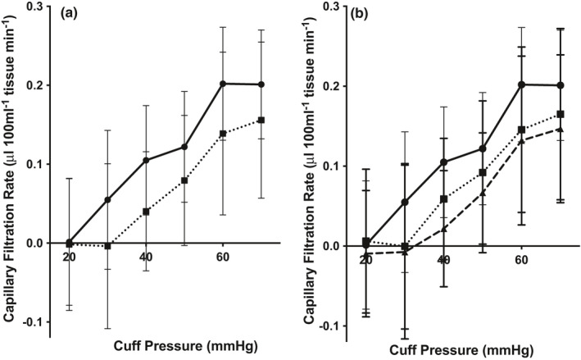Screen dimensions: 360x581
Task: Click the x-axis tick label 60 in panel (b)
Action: pyautogui.click(x=521, y=260)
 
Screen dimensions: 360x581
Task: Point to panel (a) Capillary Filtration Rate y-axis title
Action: pyautogui.click(x=11, y=164)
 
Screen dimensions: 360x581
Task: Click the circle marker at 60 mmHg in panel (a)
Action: pyautogui.click(x=224, y=84)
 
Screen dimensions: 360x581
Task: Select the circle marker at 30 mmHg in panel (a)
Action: pyautogui.click(x=108, y=199)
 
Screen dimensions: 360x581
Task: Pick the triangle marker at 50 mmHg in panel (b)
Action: pyautogui.click(x=482, y=194)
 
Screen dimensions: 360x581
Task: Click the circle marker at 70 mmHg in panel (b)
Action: pyautogui.click(x=560, y=85)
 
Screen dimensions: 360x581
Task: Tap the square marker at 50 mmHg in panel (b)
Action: pyautogui.click(x=482, y=172)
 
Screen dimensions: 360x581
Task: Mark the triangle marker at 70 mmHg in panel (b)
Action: pyautogui.click(x=560, y=129)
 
